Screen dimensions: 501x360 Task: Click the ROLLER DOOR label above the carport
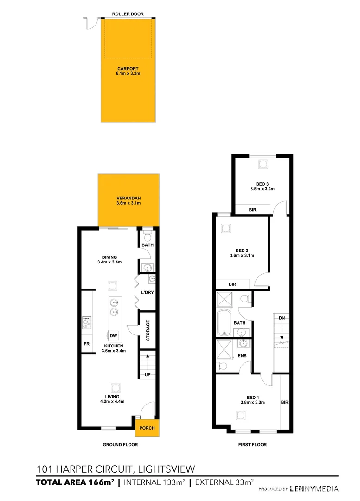(127, 14)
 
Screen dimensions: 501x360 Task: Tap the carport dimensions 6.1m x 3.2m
(128, 74)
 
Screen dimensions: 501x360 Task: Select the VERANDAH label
(129, 198)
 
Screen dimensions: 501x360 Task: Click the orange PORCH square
(147, 428)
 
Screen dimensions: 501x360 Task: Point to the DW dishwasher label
(114, 336)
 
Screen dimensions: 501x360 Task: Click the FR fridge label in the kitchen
(86, 344)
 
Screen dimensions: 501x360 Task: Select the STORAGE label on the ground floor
(148, 330)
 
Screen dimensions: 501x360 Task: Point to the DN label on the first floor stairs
(282, 318)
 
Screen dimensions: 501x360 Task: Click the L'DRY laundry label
(147, 293)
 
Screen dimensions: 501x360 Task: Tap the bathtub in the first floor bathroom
(225, 323)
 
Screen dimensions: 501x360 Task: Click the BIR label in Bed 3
(252, 210)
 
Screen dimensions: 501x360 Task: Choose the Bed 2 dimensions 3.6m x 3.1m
(242, 255)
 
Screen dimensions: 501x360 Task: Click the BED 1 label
(252, 397)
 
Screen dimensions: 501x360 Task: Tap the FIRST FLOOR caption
(252, 444)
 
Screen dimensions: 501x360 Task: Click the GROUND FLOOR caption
(120, 444)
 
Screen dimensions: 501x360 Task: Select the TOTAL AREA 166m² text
(75, 482)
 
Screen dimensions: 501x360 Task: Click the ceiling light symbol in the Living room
(115, 386)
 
